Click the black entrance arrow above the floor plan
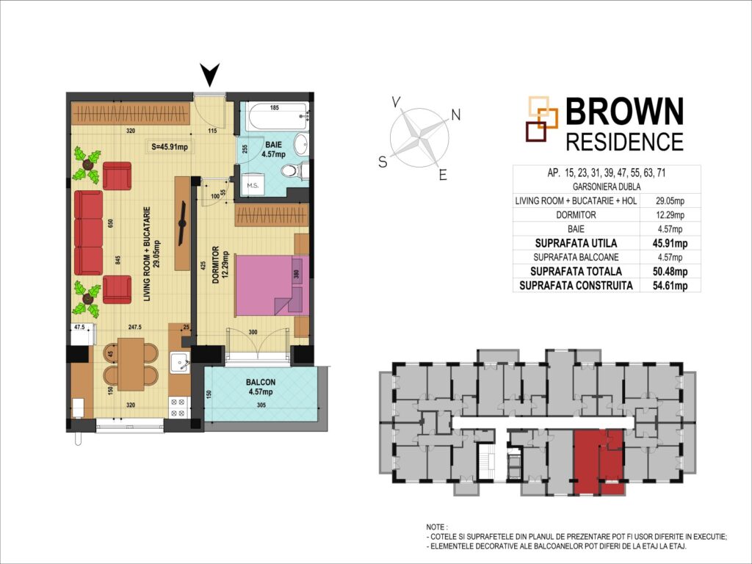point(209,75)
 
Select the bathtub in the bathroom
point(279,117)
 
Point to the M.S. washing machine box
point(253,184)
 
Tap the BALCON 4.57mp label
point(261,387)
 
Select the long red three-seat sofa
point(89,233)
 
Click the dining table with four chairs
point(131,364)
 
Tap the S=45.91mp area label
point(170,147)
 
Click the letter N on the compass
point(455,115)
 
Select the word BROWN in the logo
point(624,112)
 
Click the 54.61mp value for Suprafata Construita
point(670,286)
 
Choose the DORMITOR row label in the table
point(576,215)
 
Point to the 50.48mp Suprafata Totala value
point(670,272)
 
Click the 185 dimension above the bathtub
point(275,108)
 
